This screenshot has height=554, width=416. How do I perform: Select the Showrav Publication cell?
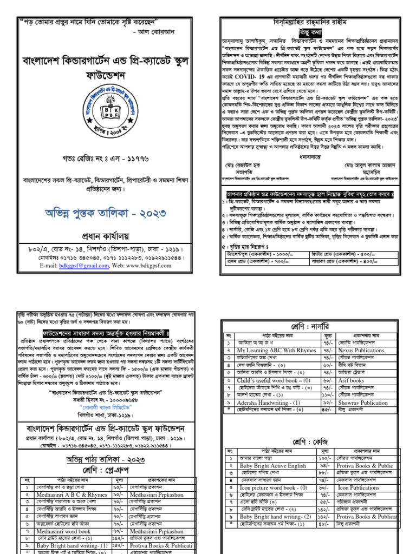(362, 403)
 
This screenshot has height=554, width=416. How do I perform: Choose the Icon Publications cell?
(358, 487)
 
